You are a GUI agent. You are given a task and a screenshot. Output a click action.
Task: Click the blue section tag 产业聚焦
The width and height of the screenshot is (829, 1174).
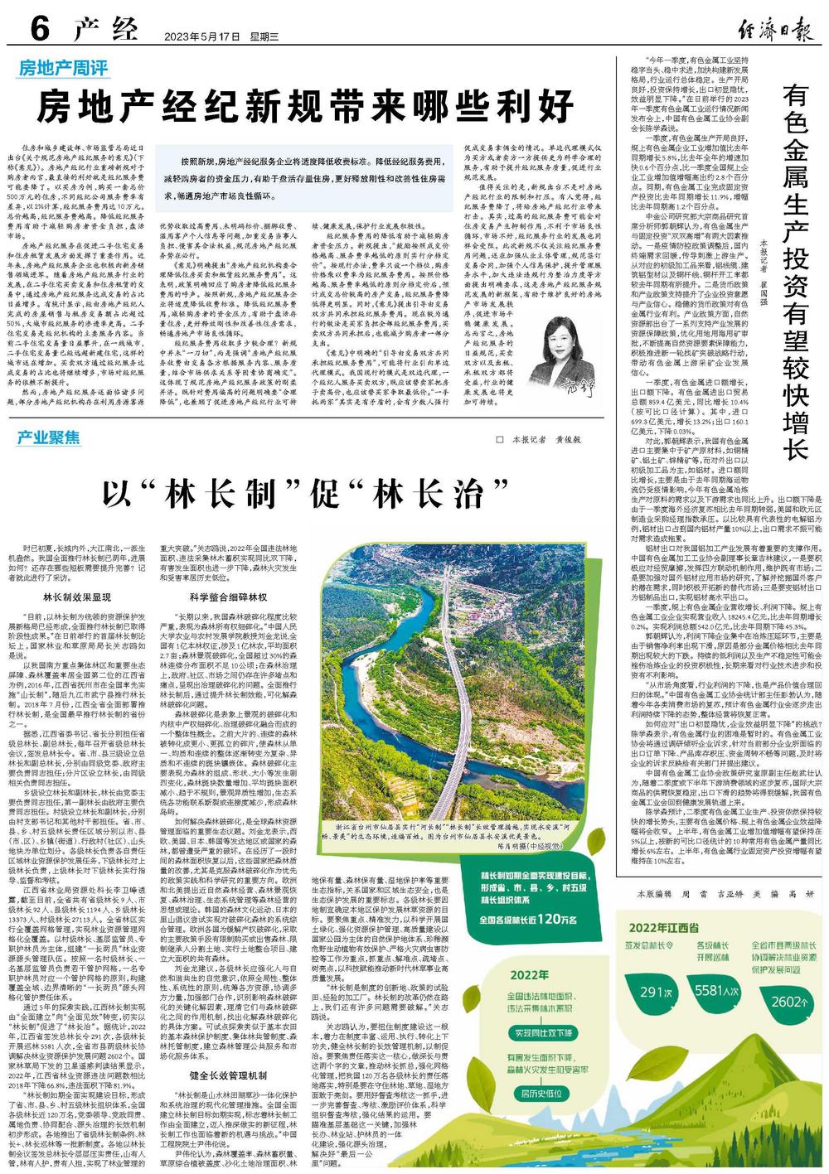(49, 437)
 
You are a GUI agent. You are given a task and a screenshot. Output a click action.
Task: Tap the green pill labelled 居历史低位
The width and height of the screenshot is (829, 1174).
(542, 1094)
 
